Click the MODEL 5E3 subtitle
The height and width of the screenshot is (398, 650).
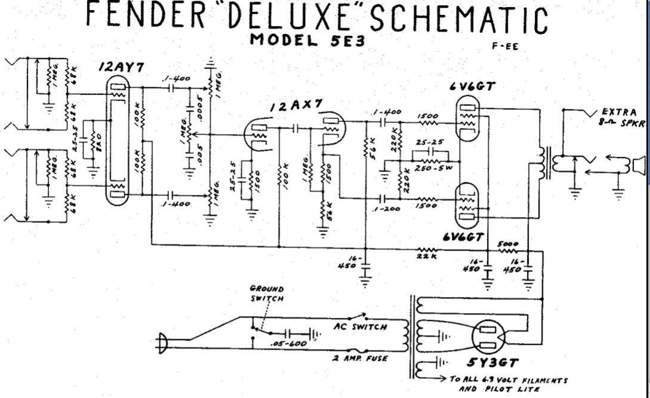(x=307, y=41)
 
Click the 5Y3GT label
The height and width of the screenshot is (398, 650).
(x=494, y=363)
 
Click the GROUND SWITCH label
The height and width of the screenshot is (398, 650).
(x=267, y=293)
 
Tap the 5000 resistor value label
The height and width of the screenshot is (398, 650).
(x=508, y=244)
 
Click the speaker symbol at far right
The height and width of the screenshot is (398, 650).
(x=639, y=165)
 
